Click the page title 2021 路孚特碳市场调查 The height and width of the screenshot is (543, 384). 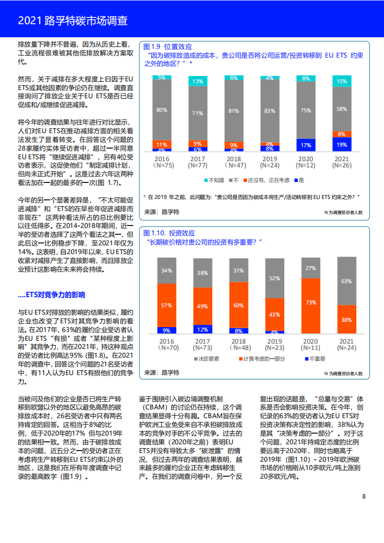(73, 21)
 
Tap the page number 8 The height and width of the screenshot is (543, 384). (364, 496)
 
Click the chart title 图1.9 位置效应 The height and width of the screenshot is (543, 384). (165, 46)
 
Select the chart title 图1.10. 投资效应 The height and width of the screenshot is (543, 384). (169, 233)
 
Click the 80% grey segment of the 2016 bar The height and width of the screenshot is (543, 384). (162, 110)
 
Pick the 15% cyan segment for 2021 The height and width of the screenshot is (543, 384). (342, 81)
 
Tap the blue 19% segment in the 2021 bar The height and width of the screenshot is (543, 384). (342, 144)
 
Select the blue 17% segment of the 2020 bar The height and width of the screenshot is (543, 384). (306, 145)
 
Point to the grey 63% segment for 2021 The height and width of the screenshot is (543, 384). (347, 281)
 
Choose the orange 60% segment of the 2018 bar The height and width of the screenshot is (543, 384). (238, 305)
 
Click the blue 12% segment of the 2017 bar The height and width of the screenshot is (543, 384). (202, 329)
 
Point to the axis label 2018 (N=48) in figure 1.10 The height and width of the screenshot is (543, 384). (238, 345)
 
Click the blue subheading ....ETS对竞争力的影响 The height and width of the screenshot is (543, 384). (51, 295)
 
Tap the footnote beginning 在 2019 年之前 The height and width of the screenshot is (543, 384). (252, 196)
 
